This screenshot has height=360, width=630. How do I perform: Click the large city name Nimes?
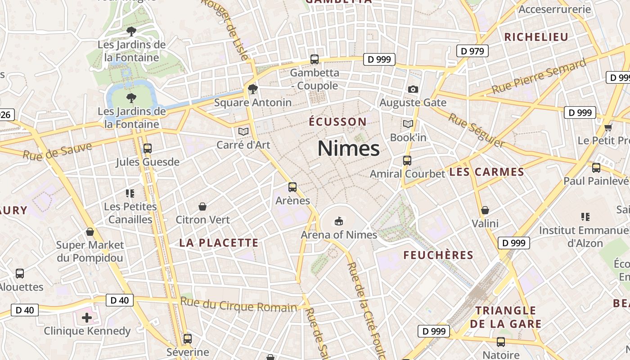pos(348,148)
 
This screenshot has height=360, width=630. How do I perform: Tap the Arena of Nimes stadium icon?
pos(338,221)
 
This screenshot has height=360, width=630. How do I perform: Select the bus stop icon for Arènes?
pos(292,187)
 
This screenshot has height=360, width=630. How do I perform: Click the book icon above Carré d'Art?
pos(243,131)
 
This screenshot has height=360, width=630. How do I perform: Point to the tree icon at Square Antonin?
pos(252,89)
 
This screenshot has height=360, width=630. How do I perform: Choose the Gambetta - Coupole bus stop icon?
pos(315,59)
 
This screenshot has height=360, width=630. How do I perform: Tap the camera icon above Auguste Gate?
pos(413,89)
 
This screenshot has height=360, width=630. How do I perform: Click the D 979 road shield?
pos(472,51)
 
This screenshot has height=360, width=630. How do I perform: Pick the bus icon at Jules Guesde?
pos(147,148)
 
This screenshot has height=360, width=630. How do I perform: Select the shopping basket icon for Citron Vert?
pos(202,207)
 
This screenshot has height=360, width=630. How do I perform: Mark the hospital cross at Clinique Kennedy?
pos(87,318)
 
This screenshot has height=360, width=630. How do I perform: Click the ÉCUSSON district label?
pos(337,122)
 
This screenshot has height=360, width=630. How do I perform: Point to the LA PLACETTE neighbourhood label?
pos(219,243)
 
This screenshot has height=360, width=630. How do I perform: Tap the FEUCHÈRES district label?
pos(438,256)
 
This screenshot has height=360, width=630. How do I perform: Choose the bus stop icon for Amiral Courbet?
pos(407,160)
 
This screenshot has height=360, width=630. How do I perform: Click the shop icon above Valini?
pos(485,210)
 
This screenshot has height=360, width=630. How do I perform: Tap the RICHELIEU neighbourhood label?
pos(536,37)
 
